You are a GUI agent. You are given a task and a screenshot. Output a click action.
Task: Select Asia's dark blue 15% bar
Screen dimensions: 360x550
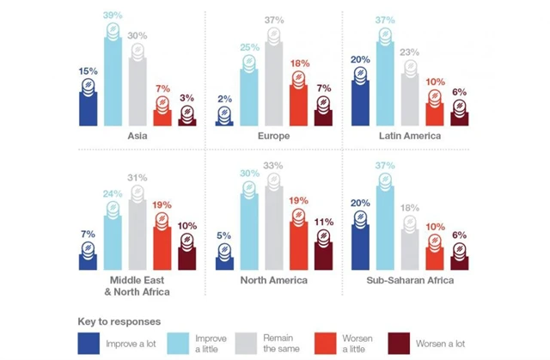click(88, 105)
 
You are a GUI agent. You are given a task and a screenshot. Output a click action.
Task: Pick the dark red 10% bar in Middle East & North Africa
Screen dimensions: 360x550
click(188, 256)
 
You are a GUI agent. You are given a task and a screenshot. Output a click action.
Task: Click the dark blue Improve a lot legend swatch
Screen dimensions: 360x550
click(89, 343)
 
